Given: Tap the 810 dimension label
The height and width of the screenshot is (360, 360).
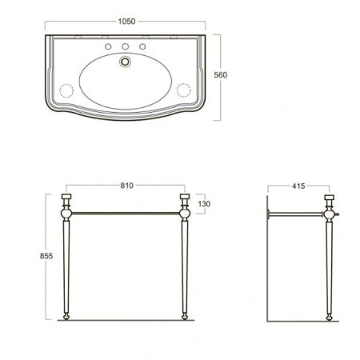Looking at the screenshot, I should tap(126, 185).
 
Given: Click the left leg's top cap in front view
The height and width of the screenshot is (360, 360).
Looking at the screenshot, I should tap(67, 198).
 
